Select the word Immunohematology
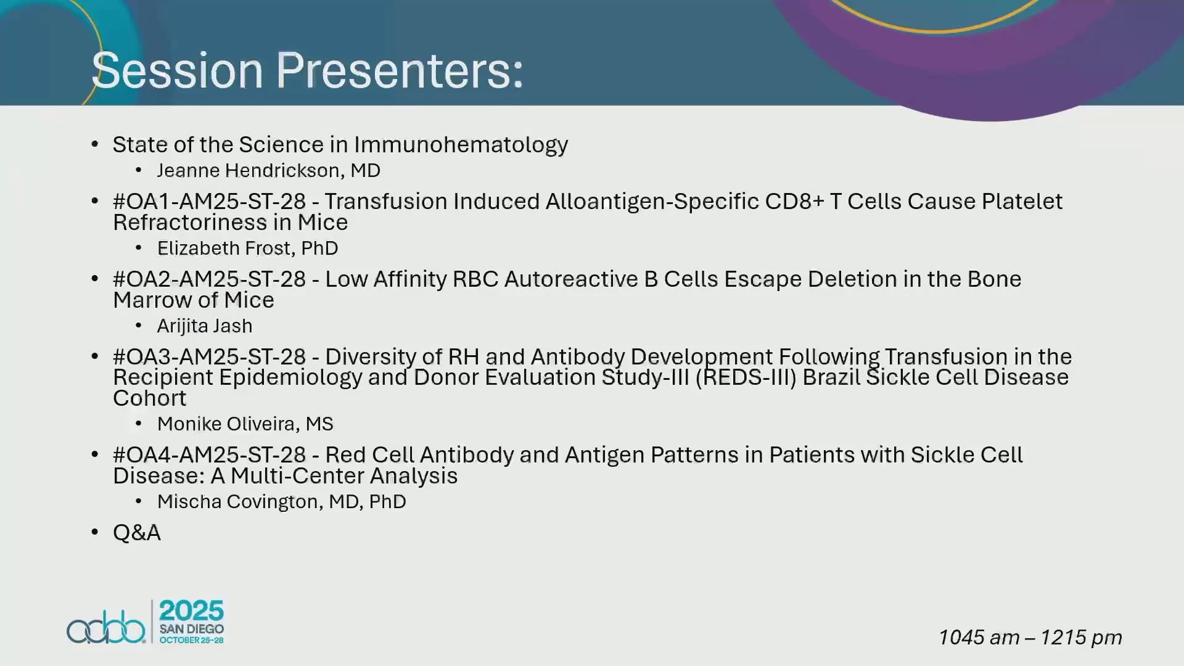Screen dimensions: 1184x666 461,146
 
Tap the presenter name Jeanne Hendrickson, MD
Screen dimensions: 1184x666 268,170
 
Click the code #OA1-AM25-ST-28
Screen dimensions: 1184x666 209,202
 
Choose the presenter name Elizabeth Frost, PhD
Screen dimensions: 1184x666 247,248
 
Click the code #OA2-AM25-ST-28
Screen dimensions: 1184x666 209,279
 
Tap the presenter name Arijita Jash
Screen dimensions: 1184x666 204,326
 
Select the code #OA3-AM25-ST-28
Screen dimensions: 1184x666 209,357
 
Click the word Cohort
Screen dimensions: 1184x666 149,398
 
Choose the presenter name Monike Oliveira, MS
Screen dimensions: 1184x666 245,424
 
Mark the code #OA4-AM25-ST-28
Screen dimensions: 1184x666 209,455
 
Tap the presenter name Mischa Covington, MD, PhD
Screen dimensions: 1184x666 281,502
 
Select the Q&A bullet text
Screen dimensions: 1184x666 137,533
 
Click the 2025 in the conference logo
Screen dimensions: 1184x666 192,611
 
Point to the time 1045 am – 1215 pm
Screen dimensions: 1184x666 1030,638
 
